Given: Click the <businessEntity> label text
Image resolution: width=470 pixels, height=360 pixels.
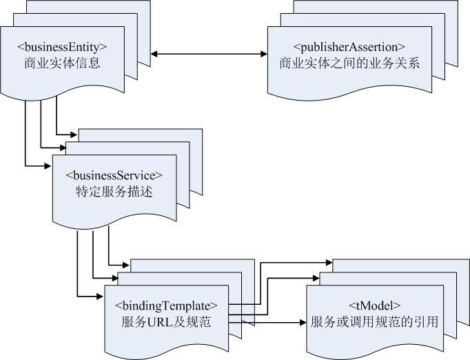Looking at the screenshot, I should point(62,47).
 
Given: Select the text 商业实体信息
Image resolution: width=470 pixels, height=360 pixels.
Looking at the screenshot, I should point(62,63).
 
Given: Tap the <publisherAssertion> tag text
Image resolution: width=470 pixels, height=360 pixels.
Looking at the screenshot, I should point(349,47).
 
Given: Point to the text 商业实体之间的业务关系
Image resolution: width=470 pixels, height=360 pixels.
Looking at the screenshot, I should point(349,63).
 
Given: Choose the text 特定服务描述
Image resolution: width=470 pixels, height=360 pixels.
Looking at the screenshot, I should point(114,192).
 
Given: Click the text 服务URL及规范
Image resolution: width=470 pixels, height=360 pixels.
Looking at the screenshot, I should point(166,321).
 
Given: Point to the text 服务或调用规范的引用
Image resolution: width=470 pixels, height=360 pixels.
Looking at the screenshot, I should point(375,321).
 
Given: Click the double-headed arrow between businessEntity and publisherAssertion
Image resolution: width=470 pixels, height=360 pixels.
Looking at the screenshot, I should point(210,53).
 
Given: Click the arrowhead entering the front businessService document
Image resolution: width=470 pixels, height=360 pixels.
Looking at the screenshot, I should point(49,166).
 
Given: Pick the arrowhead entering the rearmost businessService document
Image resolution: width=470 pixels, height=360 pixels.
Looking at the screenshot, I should point(74,134).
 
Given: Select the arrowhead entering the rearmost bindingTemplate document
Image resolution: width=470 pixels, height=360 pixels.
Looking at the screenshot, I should point(126,264).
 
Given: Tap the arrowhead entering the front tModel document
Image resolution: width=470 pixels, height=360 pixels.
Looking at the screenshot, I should point(302,321).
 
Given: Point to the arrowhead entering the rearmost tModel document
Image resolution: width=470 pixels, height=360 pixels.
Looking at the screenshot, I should point(329,263).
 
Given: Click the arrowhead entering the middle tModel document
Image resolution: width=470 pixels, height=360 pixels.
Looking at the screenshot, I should point(316,279).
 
